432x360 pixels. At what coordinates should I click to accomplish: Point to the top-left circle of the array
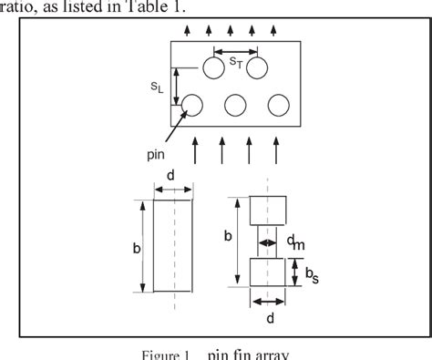coord(213,68)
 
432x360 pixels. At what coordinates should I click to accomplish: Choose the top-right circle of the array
coord(256,68)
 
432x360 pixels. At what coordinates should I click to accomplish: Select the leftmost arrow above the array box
coord(186,31)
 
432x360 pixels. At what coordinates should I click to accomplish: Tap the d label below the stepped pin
coord(270,318)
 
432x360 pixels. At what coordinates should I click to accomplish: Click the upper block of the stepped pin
coord(268,210)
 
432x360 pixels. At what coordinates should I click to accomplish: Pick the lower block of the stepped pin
coord(268,272)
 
